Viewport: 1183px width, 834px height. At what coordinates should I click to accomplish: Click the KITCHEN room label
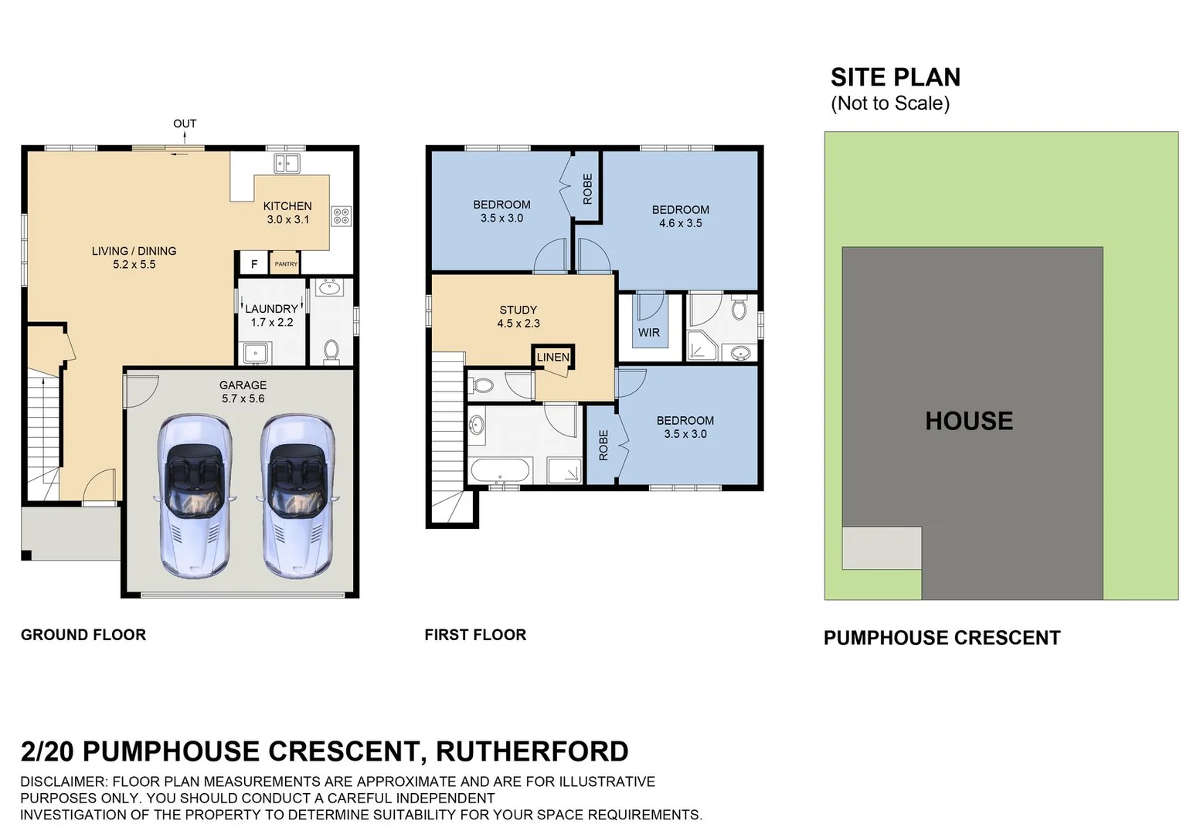point(287,206)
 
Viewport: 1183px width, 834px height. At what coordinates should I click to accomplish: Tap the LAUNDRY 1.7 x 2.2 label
point(271,315)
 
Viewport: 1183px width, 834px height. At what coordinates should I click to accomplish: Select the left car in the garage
point(193,496)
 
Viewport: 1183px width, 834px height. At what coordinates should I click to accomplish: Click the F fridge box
point(253,264)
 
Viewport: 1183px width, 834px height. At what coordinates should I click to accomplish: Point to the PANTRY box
point(285,264)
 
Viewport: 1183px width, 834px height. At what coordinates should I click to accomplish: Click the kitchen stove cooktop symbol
point(341,216)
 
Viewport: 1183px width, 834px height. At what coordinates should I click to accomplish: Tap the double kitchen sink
point(287,164)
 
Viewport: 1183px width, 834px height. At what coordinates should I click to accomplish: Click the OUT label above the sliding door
point(185,124)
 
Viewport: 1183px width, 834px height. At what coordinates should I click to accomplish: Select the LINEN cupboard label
point(552,357)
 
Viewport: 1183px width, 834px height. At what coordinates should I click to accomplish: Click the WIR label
point(649,333)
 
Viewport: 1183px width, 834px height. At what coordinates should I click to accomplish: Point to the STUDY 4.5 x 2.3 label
point(518,317)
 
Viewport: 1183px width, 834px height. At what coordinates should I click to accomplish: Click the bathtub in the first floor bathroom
point(500,470)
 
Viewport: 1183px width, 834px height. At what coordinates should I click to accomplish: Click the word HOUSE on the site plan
point(969,421)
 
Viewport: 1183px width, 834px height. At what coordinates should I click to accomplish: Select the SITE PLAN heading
point(896,77)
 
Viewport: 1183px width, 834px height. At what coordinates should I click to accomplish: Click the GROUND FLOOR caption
point(83,635)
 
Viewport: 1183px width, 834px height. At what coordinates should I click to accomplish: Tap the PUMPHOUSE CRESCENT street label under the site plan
point(942,638)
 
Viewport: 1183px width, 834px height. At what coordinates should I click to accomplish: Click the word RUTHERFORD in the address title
point(532,751)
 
